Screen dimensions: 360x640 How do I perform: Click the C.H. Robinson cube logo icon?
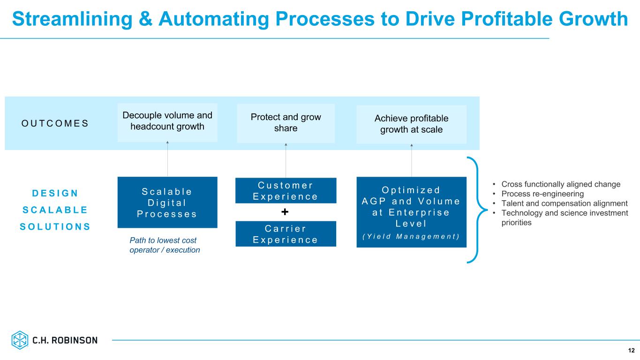click(x=20, y=340)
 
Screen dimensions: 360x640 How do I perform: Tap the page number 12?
click(x=631, y=350)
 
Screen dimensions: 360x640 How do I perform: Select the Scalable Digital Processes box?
click(x=167, y=202)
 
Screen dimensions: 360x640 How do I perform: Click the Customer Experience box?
click(x=286, y=190)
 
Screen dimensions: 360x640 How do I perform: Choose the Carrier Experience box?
click(x=286, y=234)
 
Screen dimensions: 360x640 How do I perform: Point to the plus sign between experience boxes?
click(x=285, y=212)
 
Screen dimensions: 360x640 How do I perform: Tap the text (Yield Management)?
click(x=411, y=235)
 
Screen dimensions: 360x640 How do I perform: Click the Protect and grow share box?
click(x=286, y=122)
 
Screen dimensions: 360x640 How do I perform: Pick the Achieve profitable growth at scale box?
click(x=411, y=124)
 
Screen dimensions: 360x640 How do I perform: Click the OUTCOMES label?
click(x=55, y=123)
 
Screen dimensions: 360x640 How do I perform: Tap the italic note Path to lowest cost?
click(x=163, y=240)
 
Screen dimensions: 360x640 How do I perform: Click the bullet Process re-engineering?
click(x=542, y=194)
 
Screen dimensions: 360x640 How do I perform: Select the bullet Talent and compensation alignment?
click(x=565, y=203)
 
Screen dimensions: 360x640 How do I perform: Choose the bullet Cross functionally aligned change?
click(x=561, y=184)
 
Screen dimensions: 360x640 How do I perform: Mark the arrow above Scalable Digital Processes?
click(x=167, y=158)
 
